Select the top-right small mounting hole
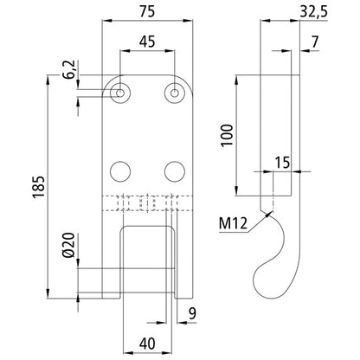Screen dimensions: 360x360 coord(176,92)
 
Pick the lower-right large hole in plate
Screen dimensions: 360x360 coord(176,169)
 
